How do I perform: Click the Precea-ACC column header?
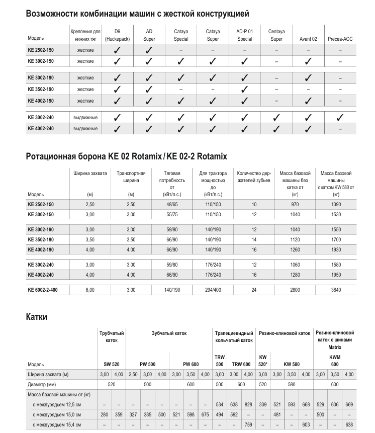coord(340,38)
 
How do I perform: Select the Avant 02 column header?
coord(308,38)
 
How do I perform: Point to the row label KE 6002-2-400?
coord(46,290)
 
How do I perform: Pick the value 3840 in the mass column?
coord(336,290)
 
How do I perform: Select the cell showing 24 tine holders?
coord(254,290)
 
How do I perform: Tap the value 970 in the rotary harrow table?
coord(295,205)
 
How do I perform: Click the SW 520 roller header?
coord(111,364)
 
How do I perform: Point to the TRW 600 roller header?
coord(241,364)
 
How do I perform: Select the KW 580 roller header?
coord(292,364)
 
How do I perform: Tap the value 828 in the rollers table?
coord(248,404)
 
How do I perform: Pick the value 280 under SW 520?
coord(104,415)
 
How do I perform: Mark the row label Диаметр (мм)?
coord(44,384)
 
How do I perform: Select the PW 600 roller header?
coord(191,364)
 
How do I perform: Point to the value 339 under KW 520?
coord(263,404)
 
